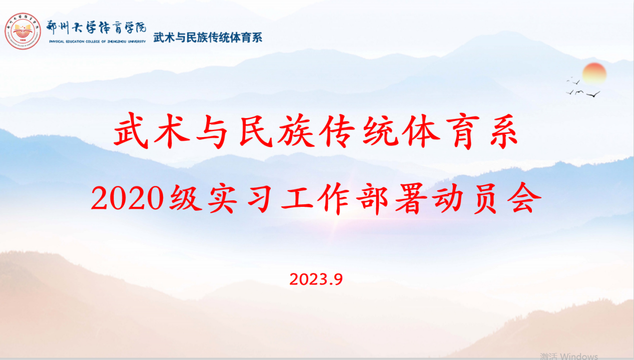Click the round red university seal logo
click(x=23, y=31)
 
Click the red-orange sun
click(x=594, y=73)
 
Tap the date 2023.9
click(x=316, y=279)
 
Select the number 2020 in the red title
click(x=128, y=198)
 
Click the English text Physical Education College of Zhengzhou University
click(x=98, y=42)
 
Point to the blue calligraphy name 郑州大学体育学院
click(x=96, y=28)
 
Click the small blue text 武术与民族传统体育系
click(x=208, y=38)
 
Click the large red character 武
click(x=132, y=131)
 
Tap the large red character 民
click(x=256, y=131)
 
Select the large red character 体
click(x=421, y=131)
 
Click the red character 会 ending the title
click(x=524, y=198)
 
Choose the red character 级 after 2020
click(x=185, y=198)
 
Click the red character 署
click(x=411, y=198)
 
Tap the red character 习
click(x=260, y=198)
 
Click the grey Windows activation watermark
click(x=569, y=356)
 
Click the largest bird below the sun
click(x=593, y=94)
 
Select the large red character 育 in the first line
click(x=463, y=131)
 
